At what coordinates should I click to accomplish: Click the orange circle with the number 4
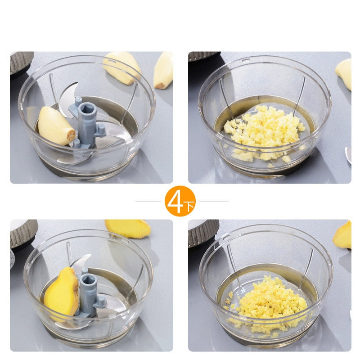pos(180,201)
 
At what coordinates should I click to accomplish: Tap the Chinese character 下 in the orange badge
pos(190,206)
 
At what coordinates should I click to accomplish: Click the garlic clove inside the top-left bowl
pos(56,126)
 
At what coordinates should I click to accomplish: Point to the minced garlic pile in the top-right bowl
pos(265,133)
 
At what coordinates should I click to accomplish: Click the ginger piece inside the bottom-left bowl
pos(61,292)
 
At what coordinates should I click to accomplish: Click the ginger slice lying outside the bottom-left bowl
pos(128,228)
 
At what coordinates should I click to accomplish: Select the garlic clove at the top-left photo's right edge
pos(163,70)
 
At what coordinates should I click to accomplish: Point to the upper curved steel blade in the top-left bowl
pos(68,99)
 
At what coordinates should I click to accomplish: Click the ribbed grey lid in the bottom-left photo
pos(23,234)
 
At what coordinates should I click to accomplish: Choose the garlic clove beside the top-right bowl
pos(343,74)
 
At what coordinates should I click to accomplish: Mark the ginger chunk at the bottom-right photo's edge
pos(342,235)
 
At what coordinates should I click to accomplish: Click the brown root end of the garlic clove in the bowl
pos(72,135)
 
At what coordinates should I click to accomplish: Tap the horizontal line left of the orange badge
pos(148,201)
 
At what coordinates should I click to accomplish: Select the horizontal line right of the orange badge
pos(214,201)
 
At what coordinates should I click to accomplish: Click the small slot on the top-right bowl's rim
pos(246,60)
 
